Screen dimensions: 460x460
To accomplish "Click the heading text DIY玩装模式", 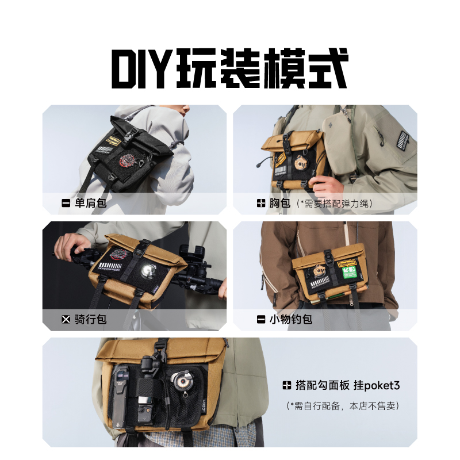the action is pos(229,69).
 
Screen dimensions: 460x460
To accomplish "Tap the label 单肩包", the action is pos(90,203).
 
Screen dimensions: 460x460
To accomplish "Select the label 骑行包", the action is pos(90,319).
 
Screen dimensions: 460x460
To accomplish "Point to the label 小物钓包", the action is pos(290,319).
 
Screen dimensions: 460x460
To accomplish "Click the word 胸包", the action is pos(280,203).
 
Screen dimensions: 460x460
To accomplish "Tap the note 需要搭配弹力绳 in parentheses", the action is pos(334,204).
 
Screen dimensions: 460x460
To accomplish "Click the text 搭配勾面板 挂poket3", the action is pos(347,385).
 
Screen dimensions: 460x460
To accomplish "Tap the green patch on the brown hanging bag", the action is pos(350,272).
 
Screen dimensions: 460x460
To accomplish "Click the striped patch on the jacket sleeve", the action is pos(404,140).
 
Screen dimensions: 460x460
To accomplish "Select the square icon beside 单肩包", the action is pos(66,203).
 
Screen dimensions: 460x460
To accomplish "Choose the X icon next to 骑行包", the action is pos(66,319).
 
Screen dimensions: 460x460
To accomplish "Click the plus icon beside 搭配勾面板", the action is pos(286,385).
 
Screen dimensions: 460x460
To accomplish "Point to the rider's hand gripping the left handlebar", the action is pos(70,247).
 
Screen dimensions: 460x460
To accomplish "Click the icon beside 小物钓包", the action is pos(261,319).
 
